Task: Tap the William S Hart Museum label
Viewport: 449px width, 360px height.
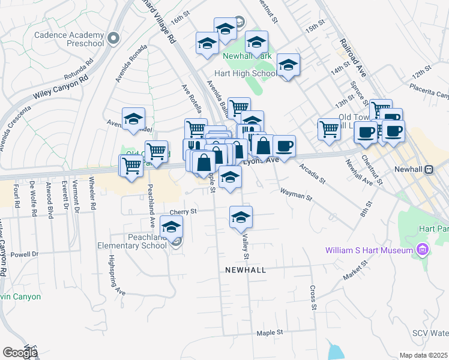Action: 369,250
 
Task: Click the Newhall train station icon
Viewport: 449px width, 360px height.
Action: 429,170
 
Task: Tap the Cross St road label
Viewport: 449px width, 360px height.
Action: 313,298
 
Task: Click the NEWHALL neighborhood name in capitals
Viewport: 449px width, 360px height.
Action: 245,270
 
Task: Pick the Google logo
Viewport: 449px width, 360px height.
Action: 20,353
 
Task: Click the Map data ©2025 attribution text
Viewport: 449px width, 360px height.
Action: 423,355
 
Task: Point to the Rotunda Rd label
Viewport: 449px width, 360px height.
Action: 79,70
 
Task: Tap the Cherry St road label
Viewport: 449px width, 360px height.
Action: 183,212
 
